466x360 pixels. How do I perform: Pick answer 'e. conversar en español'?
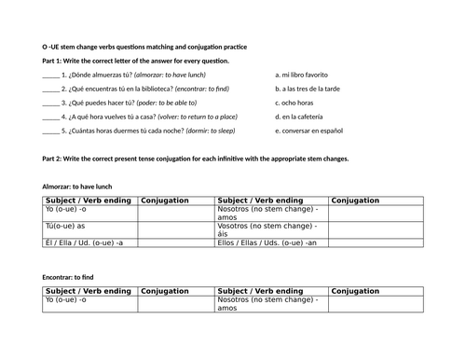coord(313,132)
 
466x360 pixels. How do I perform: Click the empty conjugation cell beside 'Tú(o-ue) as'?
coord(176,226)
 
